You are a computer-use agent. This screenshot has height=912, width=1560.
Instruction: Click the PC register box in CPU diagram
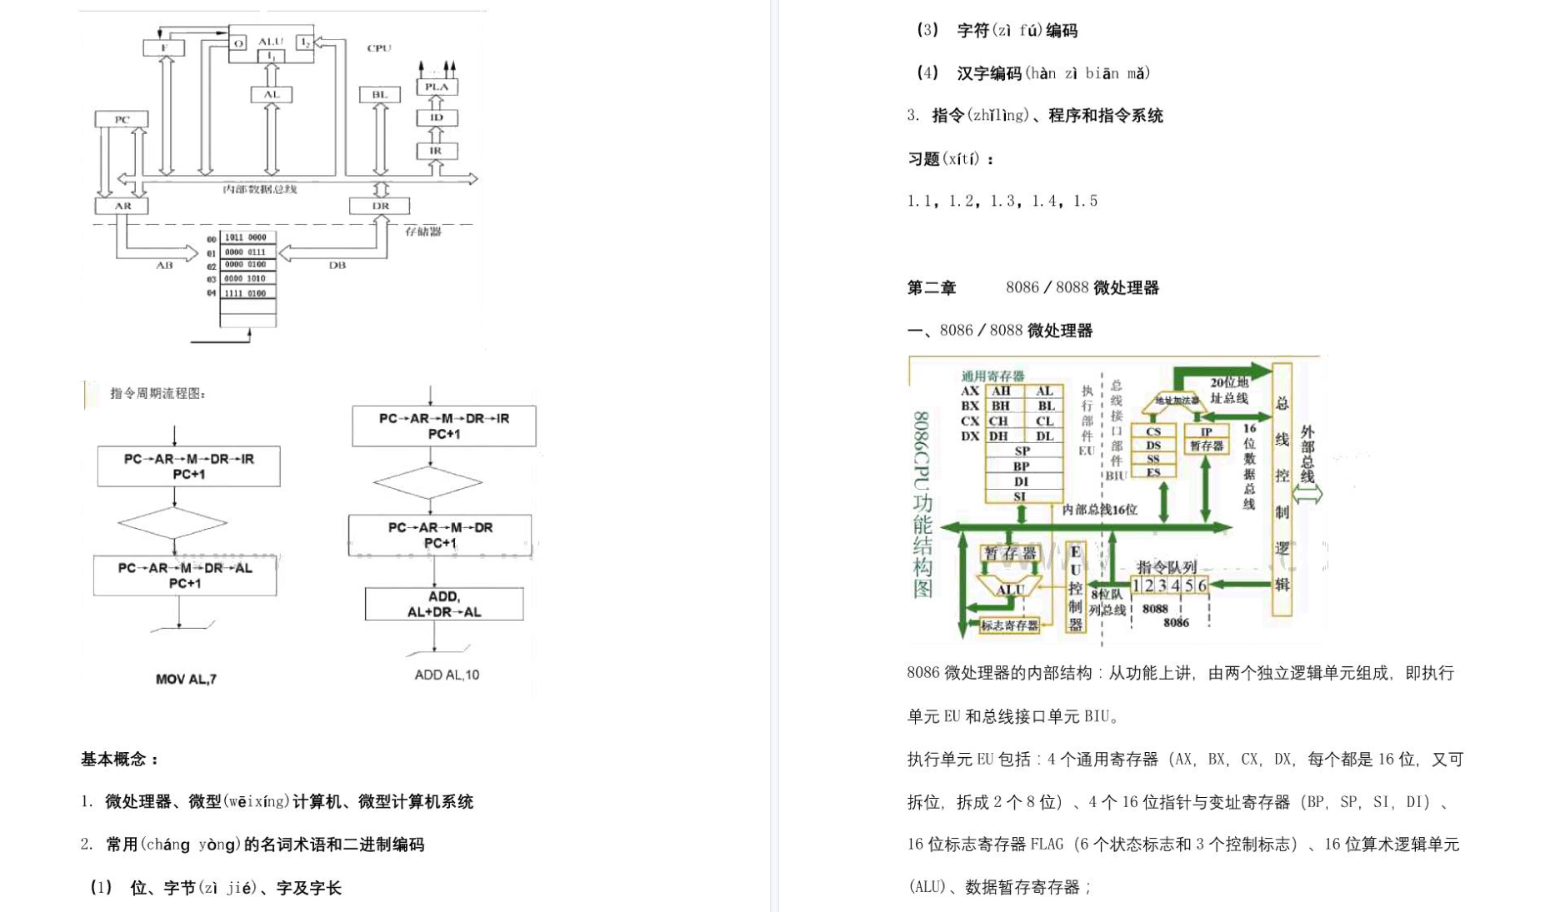pyautogui.click(x=122, y=119)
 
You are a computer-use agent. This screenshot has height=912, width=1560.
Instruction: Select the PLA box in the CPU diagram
pyautogui.click(x=437, y=87)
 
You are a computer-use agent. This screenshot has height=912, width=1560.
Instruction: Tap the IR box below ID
pyautogui.click(x=436, y=151)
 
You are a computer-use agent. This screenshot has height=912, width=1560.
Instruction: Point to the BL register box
pyautogui.click(x=380, y=94)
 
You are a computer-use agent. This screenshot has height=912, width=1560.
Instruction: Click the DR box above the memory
pyautogui.click(x=380, y=206)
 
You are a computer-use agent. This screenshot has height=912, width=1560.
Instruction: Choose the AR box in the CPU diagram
pyautogui.click(x=122, y=206)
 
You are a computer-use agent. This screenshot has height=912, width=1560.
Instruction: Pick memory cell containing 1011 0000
pyautogui.click(x=247, y=237)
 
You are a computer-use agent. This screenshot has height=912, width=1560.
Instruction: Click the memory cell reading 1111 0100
pyautogui.click(x=247, y=293)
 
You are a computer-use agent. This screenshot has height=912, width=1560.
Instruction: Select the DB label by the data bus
pyautogui.click(x=337, y=265)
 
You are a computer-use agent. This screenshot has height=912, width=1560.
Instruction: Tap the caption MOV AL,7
pyautogui.click(x=186, y=680)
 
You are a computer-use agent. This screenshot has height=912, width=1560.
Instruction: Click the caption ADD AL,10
pyautogui.click(x=447, y=675)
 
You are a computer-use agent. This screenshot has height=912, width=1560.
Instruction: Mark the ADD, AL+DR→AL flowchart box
pyautogui.click(x=443, y=604)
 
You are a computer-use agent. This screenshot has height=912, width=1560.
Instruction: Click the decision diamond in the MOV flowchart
pyautogui.click(x=172, y=523)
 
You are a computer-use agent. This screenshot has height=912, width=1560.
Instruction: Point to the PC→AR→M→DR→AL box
pyautogui.click(x=185, y=576)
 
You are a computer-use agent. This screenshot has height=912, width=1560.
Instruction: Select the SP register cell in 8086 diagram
pyautogui.click(x=1022, y=451)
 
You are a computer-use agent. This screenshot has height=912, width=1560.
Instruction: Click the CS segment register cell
pyautogui.click(x=1153, y=431)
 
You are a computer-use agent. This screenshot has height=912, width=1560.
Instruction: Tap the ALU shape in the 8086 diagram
pyautogui.click(x=1010, y=588)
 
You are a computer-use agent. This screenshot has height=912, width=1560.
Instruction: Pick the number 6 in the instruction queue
pyautogui.click(x=1202, y=586)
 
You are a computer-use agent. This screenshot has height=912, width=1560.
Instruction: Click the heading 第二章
pyautogui.click(x=932, y=288)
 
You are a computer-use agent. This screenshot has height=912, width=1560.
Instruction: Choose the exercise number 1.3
pyautogui.click(x=1002, y=201)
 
